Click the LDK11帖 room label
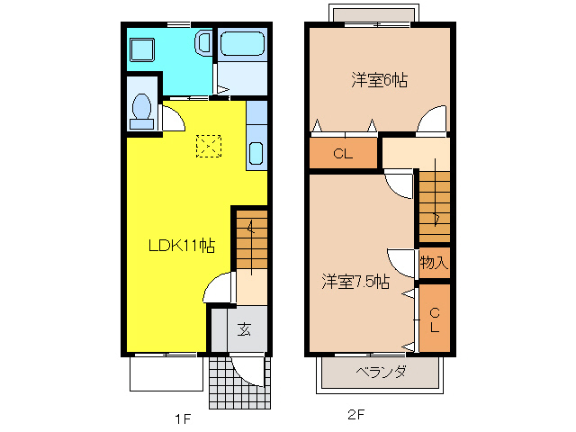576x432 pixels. tap(182, 245)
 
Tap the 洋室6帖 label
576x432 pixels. tap(379, 80)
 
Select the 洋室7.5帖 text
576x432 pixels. tap(356, 282)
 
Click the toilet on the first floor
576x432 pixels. tap(141, 107)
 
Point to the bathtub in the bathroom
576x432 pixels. tap(241, 43)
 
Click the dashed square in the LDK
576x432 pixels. tap(209, 146)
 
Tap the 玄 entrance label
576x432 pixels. tap(244, 328)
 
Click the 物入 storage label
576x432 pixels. tap(434, 263)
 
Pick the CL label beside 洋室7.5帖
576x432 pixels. tap(434, 319)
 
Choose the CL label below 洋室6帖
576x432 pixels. tap(342, 154)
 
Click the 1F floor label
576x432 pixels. tap(183, 418)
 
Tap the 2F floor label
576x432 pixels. tap(356, 416)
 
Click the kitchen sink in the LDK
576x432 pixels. tap(255, 155)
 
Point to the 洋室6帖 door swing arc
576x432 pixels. tap(432, 119)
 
